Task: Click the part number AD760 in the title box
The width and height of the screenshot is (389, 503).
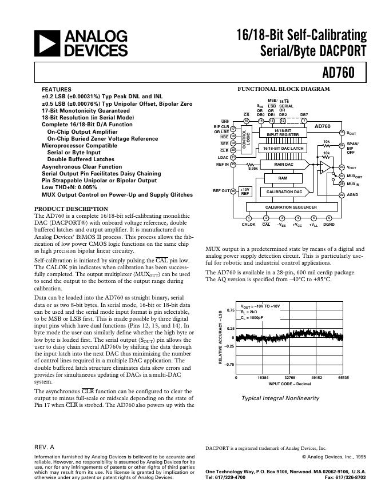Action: click(x=342, y=73)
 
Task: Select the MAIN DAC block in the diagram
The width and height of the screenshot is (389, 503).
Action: click(x=284, y=165)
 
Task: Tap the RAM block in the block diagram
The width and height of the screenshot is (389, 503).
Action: click(x=283, y=178)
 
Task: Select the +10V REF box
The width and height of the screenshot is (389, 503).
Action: click(x=245, y=192)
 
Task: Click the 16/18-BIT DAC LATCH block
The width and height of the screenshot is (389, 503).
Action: click(x=283, y=149)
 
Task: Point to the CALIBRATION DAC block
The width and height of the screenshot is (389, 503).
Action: click(x=283, y=192)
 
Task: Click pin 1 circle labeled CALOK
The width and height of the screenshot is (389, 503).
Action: click(x=248, y=218)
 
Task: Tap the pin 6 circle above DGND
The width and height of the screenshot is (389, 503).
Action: click(x=329, y=218)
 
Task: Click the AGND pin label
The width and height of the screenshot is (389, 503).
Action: click(x=353, y=195)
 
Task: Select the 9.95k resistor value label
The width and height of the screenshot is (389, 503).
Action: click(x=252, y=169)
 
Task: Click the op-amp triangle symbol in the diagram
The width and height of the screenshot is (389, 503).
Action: click(x=324, y=167)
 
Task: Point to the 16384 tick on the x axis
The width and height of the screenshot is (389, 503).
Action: click(x=263, y=378)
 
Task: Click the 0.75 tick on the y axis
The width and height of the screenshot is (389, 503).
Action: click(x=230, y=310)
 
